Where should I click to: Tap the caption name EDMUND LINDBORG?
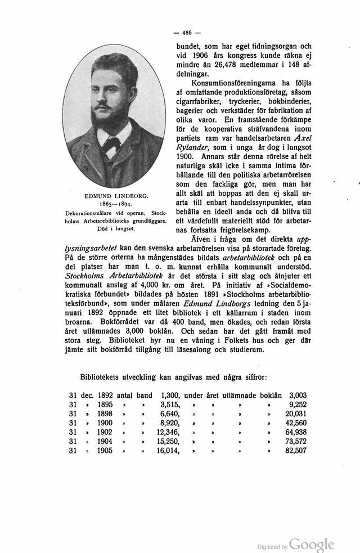[x=116, y=195]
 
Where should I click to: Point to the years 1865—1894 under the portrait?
[x=116, y=204]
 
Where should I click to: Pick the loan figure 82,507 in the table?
[x=296, y=450]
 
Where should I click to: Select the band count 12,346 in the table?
[x=167, y=431]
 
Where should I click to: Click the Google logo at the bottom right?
[x=312, y=544]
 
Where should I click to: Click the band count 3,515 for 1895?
[x=169, y=404]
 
